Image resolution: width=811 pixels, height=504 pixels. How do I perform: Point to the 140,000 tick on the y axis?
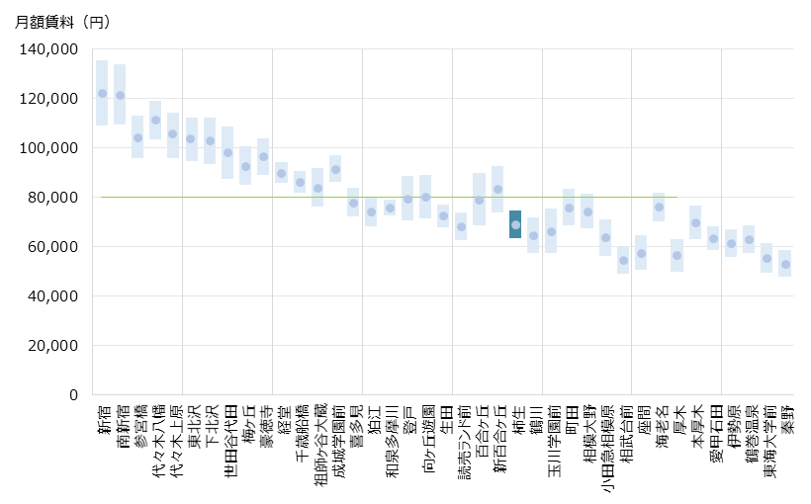pyautogui.click(x=48, y=49)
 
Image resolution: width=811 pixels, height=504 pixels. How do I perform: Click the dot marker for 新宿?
pyautogui.click(x=102, y=94)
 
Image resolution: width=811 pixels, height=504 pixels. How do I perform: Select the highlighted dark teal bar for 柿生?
pyautogui.click(x=515, y=224)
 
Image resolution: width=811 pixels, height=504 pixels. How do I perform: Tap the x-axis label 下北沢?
pyautogui.click(x=210, y=425)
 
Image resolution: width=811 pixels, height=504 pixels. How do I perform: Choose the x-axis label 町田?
pyautogui.click(x=570, y=420)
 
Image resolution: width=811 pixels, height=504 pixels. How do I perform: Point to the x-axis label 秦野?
pyautogui.click(x=786, y=420)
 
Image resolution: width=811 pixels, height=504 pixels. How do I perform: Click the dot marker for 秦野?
pyautogui.click(x=785, y=264)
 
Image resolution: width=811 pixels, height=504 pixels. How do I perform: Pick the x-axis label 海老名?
pyautogui.click(x=660, y=426)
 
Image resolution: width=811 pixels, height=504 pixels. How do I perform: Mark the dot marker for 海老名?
pyautogui.click(x=659, y=207)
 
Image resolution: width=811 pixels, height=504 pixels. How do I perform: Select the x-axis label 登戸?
pyautogui.click(x=407, y=420)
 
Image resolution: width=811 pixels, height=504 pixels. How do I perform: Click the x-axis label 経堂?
pyautogui.click(x=282, y=420)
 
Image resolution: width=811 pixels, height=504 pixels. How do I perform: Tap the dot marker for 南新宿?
pyautogui.click(x=120, y=96)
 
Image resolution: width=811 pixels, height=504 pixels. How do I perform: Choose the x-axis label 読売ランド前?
pyautogui.click(x=462, y=439)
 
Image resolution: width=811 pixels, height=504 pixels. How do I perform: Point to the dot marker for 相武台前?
pyautogui.click(x=623, y=261)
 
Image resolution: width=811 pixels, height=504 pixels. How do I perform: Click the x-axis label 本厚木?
pyautogui.click(x=696, y=426)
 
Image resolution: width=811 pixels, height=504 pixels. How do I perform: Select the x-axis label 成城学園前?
pyautogui.click(x=336, y=439)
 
